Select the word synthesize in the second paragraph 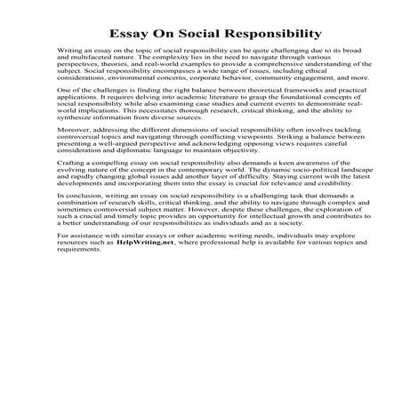click(57, 143)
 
